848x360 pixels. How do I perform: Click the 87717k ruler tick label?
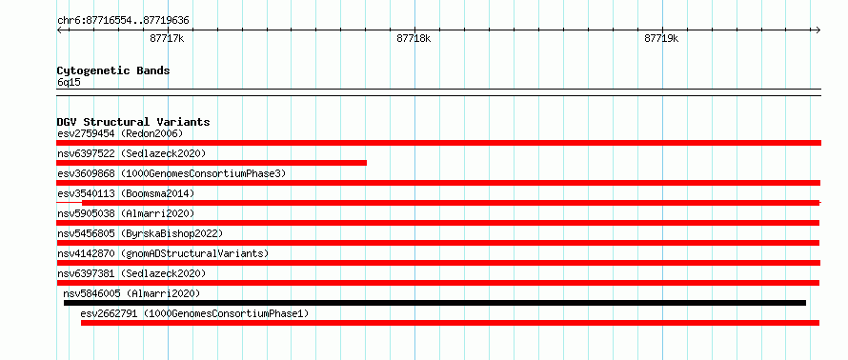167,38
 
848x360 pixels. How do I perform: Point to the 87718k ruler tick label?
414,38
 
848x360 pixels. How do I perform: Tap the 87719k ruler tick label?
661,38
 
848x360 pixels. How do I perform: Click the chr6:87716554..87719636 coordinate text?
123,21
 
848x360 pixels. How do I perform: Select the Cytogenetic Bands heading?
113,70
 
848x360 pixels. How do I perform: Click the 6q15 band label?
69,82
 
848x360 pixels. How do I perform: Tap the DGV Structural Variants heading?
133,122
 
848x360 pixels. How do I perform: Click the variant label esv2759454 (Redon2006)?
121,133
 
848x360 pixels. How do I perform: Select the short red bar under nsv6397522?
212,163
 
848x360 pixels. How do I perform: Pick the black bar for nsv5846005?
434,303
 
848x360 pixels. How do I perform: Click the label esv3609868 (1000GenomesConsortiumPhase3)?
172,173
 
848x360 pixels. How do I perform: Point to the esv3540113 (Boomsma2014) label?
126,193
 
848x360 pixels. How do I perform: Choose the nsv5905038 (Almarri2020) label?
126,213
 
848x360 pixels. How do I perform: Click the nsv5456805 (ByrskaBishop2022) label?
140,233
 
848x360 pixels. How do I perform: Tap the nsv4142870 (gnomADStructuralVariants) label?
163,253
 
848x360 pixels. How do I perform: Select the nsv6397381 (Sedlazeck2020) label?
131,273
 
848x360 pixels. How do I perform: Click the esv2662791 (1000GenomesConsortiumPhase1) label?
194,313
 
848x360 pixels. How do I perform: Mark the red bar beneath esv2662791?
450,323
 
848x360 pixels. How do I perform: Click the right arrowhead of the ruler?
818,30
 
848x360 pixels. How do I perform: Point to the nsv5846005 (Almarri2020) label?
131,293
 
